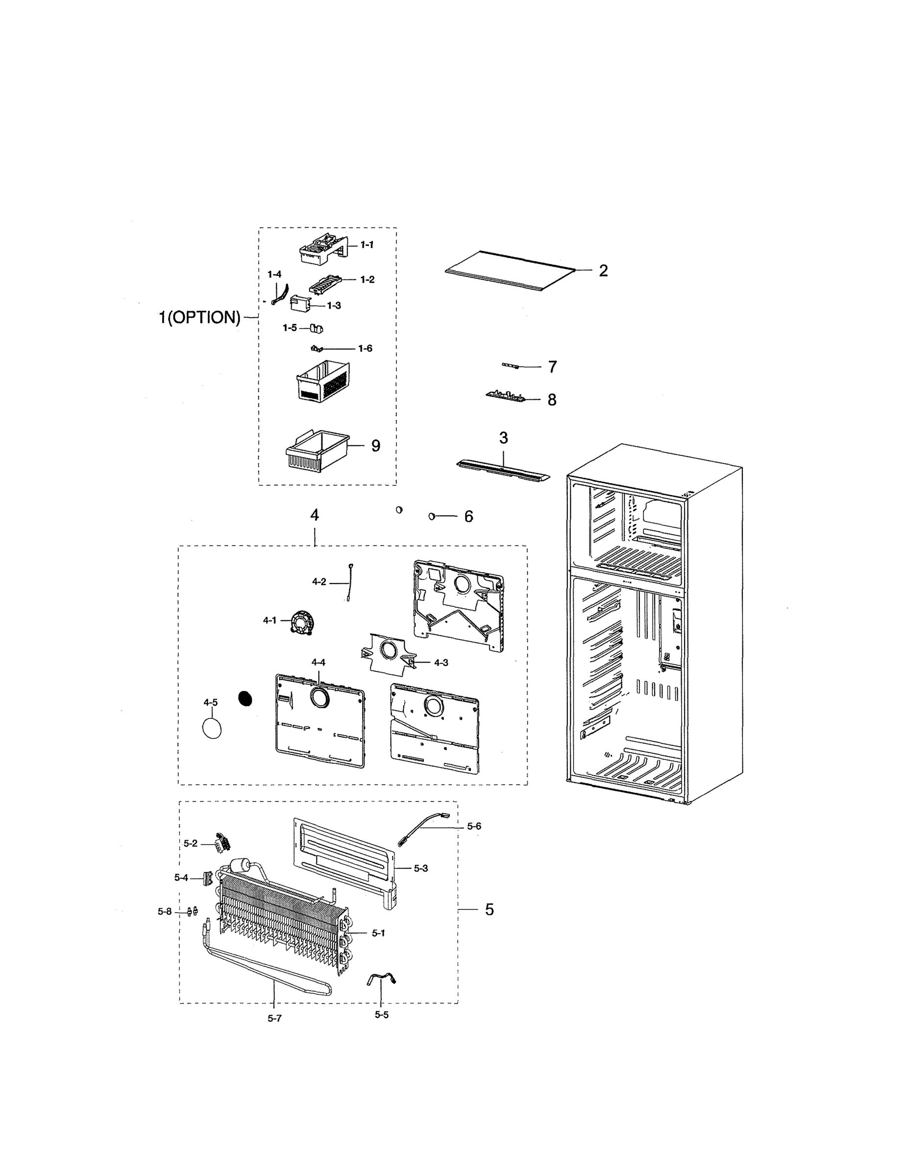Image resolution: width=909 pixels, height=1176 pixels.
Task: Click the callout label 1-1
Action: click(x=367, y=245)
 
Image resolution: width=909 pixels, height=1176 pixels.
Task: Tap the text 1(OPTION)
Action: click(x=199, y=318)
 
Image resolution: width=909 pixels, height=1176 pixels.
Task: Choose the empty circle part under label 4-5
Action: click(x=212, y=729)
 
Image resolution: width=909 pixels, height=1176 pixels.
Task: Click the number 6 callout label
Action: click(x=468, y=516)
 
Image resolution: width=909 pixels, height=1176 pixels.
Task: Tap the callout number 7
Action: click(x=552, y=367)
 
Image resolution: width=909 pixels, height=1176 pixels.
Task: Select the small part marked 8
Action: click(x=505, y=396)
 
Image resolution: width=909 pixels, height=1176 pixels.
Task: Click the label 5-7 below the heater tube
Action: click(x=274, y=1018)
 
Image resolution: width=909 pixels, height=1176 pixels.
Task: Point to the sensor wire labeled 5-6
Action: click(x=423, y=830)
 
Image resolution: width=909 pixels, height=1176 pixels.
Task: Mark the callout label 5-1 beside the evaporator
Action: click(x=378, y=933)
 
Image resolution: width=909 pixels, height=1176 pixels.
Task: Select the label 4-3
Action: click(x=441, y=662)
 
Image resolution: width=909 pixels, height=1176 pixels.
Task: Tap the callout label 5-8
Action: click(x=164, y=911)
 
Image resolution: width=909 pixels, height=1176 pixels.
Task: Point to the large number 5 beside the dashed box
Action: click(x=489, y=909)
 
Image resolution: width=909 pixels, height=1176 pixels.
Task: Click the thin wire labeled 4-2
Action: click(x=349, y=582)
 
